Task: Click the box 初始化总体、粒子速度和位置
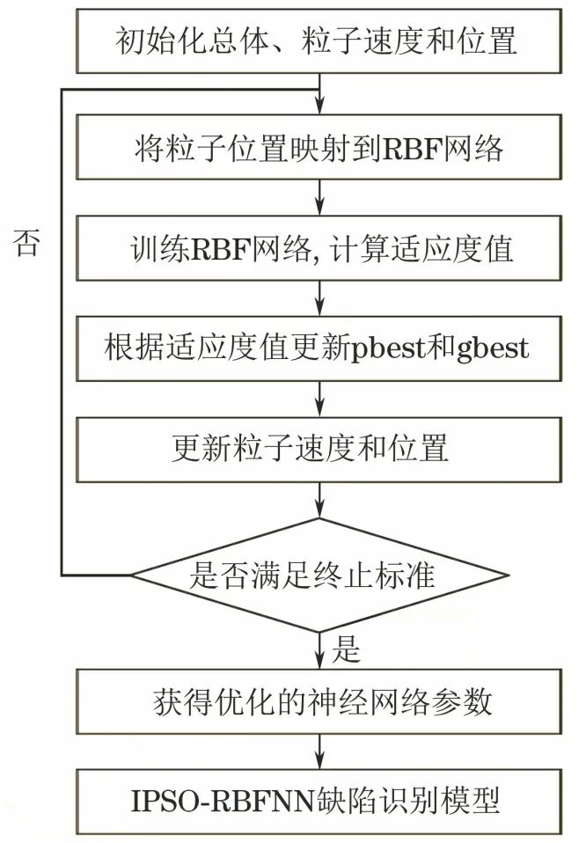pyautogui.click(x=317, y=39)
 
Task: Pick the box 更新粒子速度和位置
pyautogui.click(x=317, y=449)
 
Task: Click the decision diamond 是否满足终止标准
pyautogui.click(x=319, y=576)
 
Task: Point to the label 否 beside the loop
pyautogui.click(x=26, y=244)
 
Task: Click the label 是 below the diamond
pyautogui.click(x=348, y=651)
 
